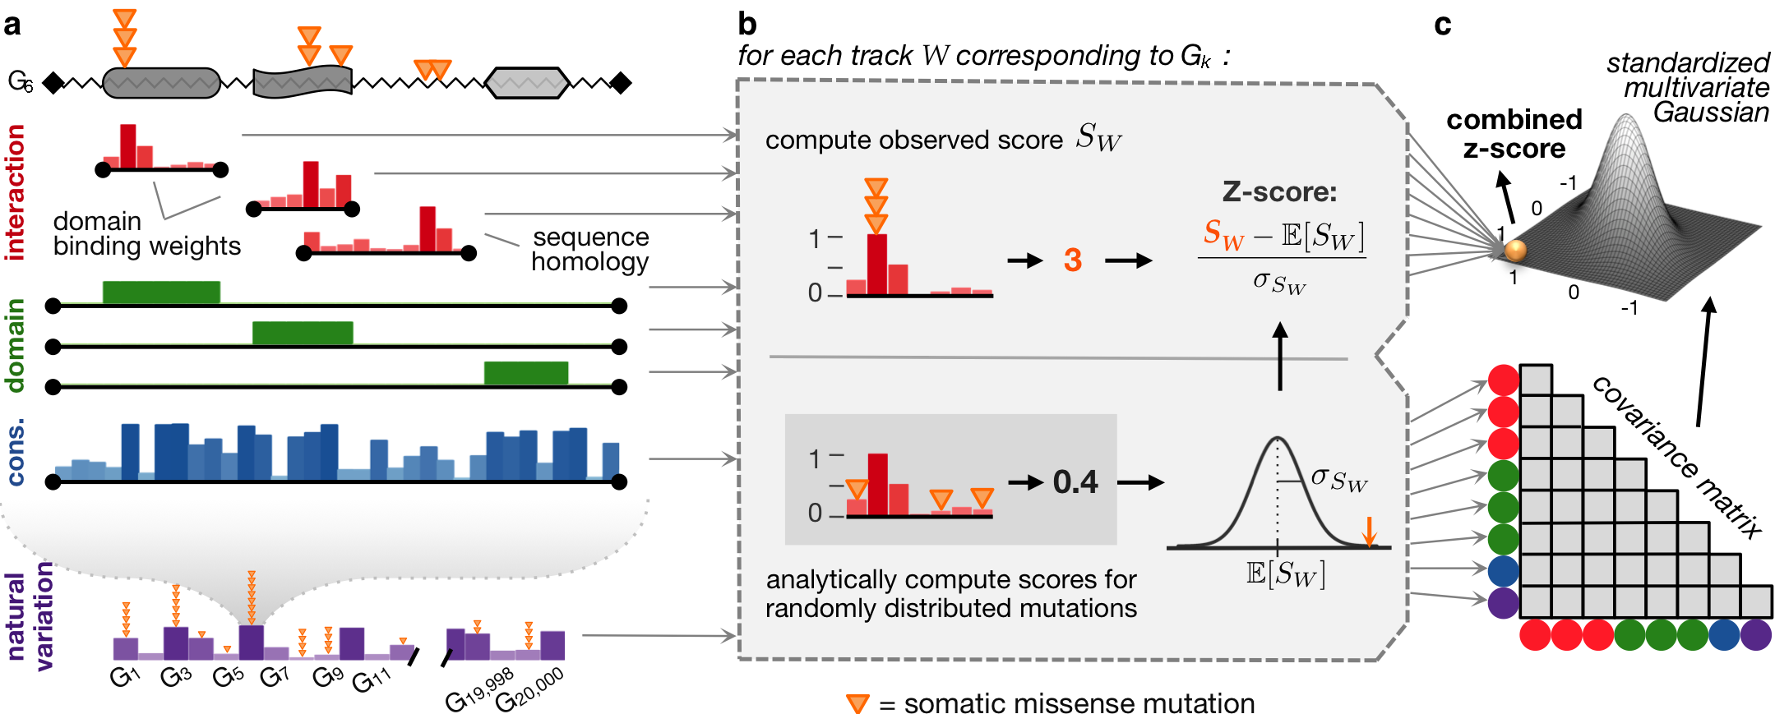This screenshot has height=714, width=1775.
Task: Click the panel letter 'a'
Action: tap(12, 25)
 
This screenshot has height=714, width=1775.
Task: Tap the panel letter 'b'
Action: tap(747, 24)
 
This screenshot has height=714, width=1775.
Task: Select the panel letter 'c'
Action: tap(1442, 25)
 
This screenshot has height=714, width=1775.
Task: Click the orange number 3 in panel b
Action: tap(1072, 260)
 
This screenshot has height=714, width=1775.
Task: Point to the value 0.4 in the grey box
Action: tap(1075, 482)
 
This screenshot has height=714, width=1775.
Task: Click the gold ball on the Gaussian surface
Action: tap(1514, 250)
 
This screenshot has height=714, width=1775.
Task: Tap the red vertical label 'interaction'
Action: tap(15, 192)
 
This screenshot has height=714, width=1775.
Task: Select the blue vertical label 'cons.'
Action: tap(15, 451)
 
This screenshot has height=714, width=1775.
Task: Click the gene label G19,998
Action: tap(480, 690)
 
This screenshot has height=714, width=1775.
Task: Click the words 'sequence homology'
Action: tap(590, 249)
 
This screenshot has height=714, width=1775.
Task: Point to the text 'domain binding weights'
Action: tap(146, 234)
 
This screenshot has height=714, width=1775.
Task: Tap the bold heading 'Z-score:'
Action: tap(1279, 192)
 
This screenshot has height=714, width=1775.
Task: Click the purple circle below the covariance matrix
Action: tap(1756, 635)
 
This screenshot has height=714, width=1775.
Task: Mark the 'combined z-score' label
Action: tap(1514, 134)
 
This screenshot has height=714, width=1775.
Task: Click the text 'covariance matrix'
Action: tap(1677, 457)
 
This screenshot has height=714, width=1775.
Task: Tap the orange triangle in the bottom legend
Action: tap(857, 703)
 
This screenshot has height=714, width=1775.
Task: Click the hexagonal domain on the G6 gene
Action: tap(527, 83)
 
